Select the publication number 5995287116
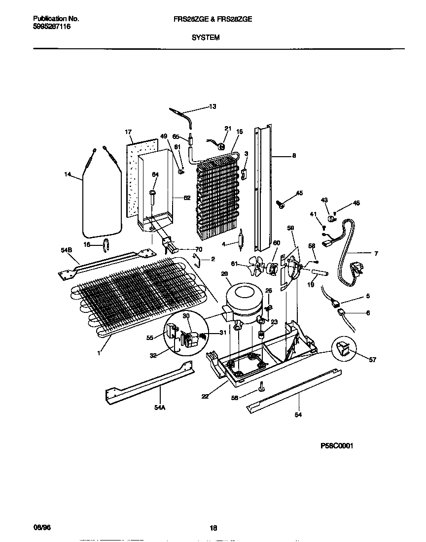coord(52,27)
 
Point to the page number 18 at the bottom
coord(213,528)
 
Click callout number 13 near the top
coord(213,106)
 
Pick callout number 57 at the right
coord(372,360)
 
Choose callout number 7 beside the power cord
coord(376,254)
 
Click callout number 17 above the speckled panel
coord(128,132)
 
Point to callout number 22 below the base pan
coord(205,396)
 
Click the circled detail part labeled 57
coord(343,349)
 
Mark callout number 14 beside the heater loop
coord(68,174)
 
